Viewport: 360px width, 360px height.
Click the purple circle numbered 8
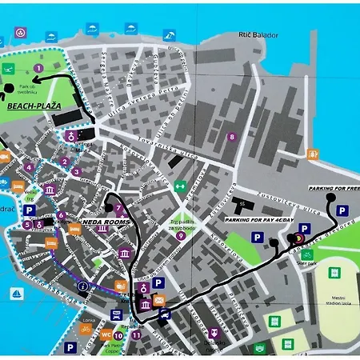(x=232, y=137)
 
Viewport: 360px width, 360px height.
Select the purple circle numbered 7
(x=118, y=230)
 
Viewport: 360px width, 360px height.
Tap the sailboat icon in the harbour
(x=16, y=294)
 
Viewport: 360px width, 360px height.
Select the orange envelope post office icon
(x=159, y=300)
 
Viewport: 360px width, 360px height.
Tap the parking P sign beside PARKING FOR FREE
(x=342, y=211)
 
